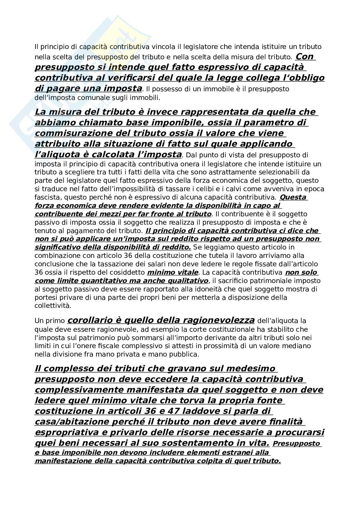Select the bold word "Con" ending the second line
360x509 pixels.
tap(305, 56)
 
